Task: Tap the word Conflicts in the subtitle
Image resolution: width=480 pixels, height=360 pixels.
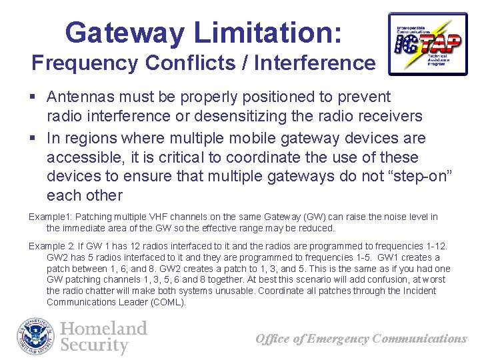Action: tap(174, 63)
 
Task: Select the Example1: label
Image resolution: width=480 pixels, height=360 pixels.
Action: tap(49, 217)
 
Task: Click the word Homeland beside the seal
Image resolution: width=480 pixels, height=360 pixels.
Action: tap(103, 329)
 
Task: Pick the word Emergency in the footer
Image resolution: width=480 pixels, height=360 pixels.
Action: tap(332, 339)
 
